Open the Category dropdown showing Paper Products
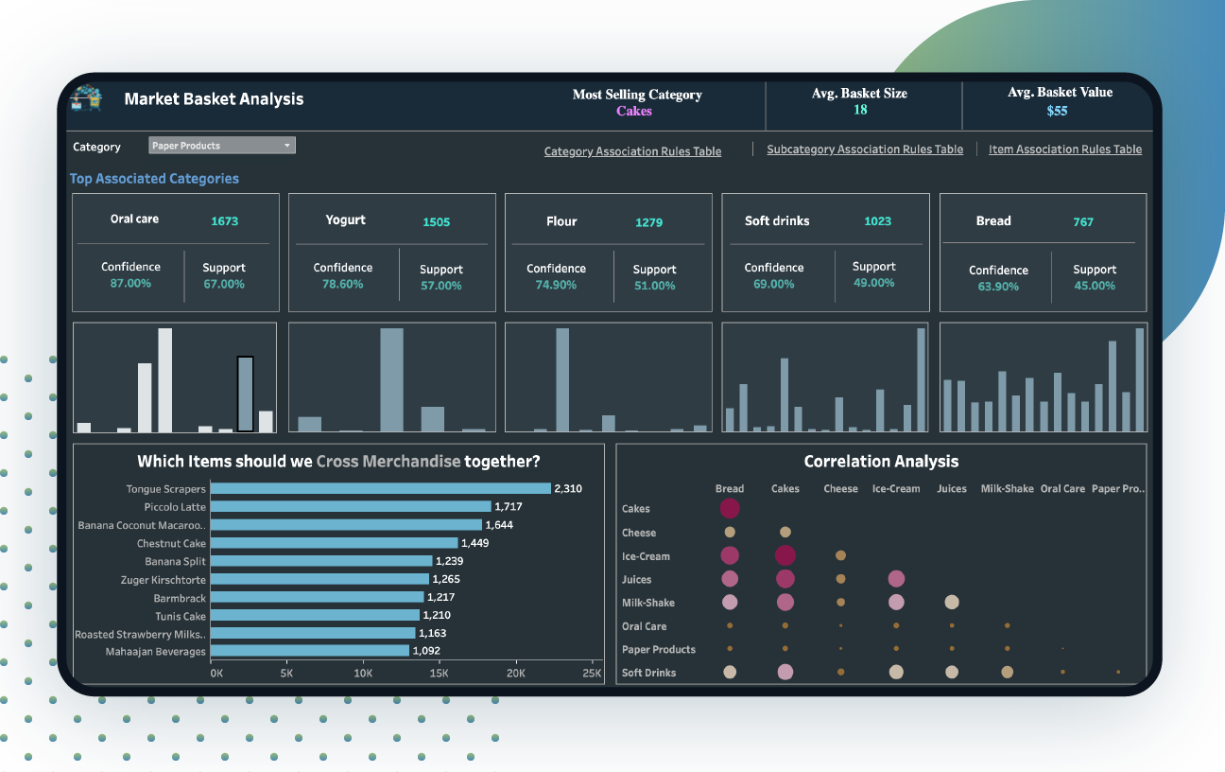point(222,146)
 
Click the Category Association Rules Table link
point(632,151)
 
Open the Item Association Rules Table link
point(1064,149)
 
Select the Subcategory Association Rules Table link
point(865,149)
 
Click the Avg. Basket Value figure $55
point(1057,111)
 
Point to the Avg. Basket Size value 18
point(860,110)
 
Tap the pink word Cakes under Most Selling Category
point(634,111)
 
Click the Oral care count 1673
point(225,221)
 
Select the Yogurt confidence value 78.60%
point(343,284)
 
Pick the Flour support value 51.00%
point(655,286)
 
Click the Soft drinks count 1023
point(878,221)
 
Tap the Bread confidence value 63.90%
point(998,286)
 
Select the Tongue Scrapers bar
point(380,489)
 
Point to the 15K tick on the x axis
point(440,674)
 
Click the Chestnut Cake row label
point(171,544)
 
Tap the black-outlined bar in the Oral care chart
point(245,394)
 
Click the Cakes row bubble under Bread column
point(730,509)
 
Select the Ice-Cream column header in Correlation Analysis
point(895,489)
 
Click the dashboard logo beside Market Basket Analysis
point(86,98)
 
